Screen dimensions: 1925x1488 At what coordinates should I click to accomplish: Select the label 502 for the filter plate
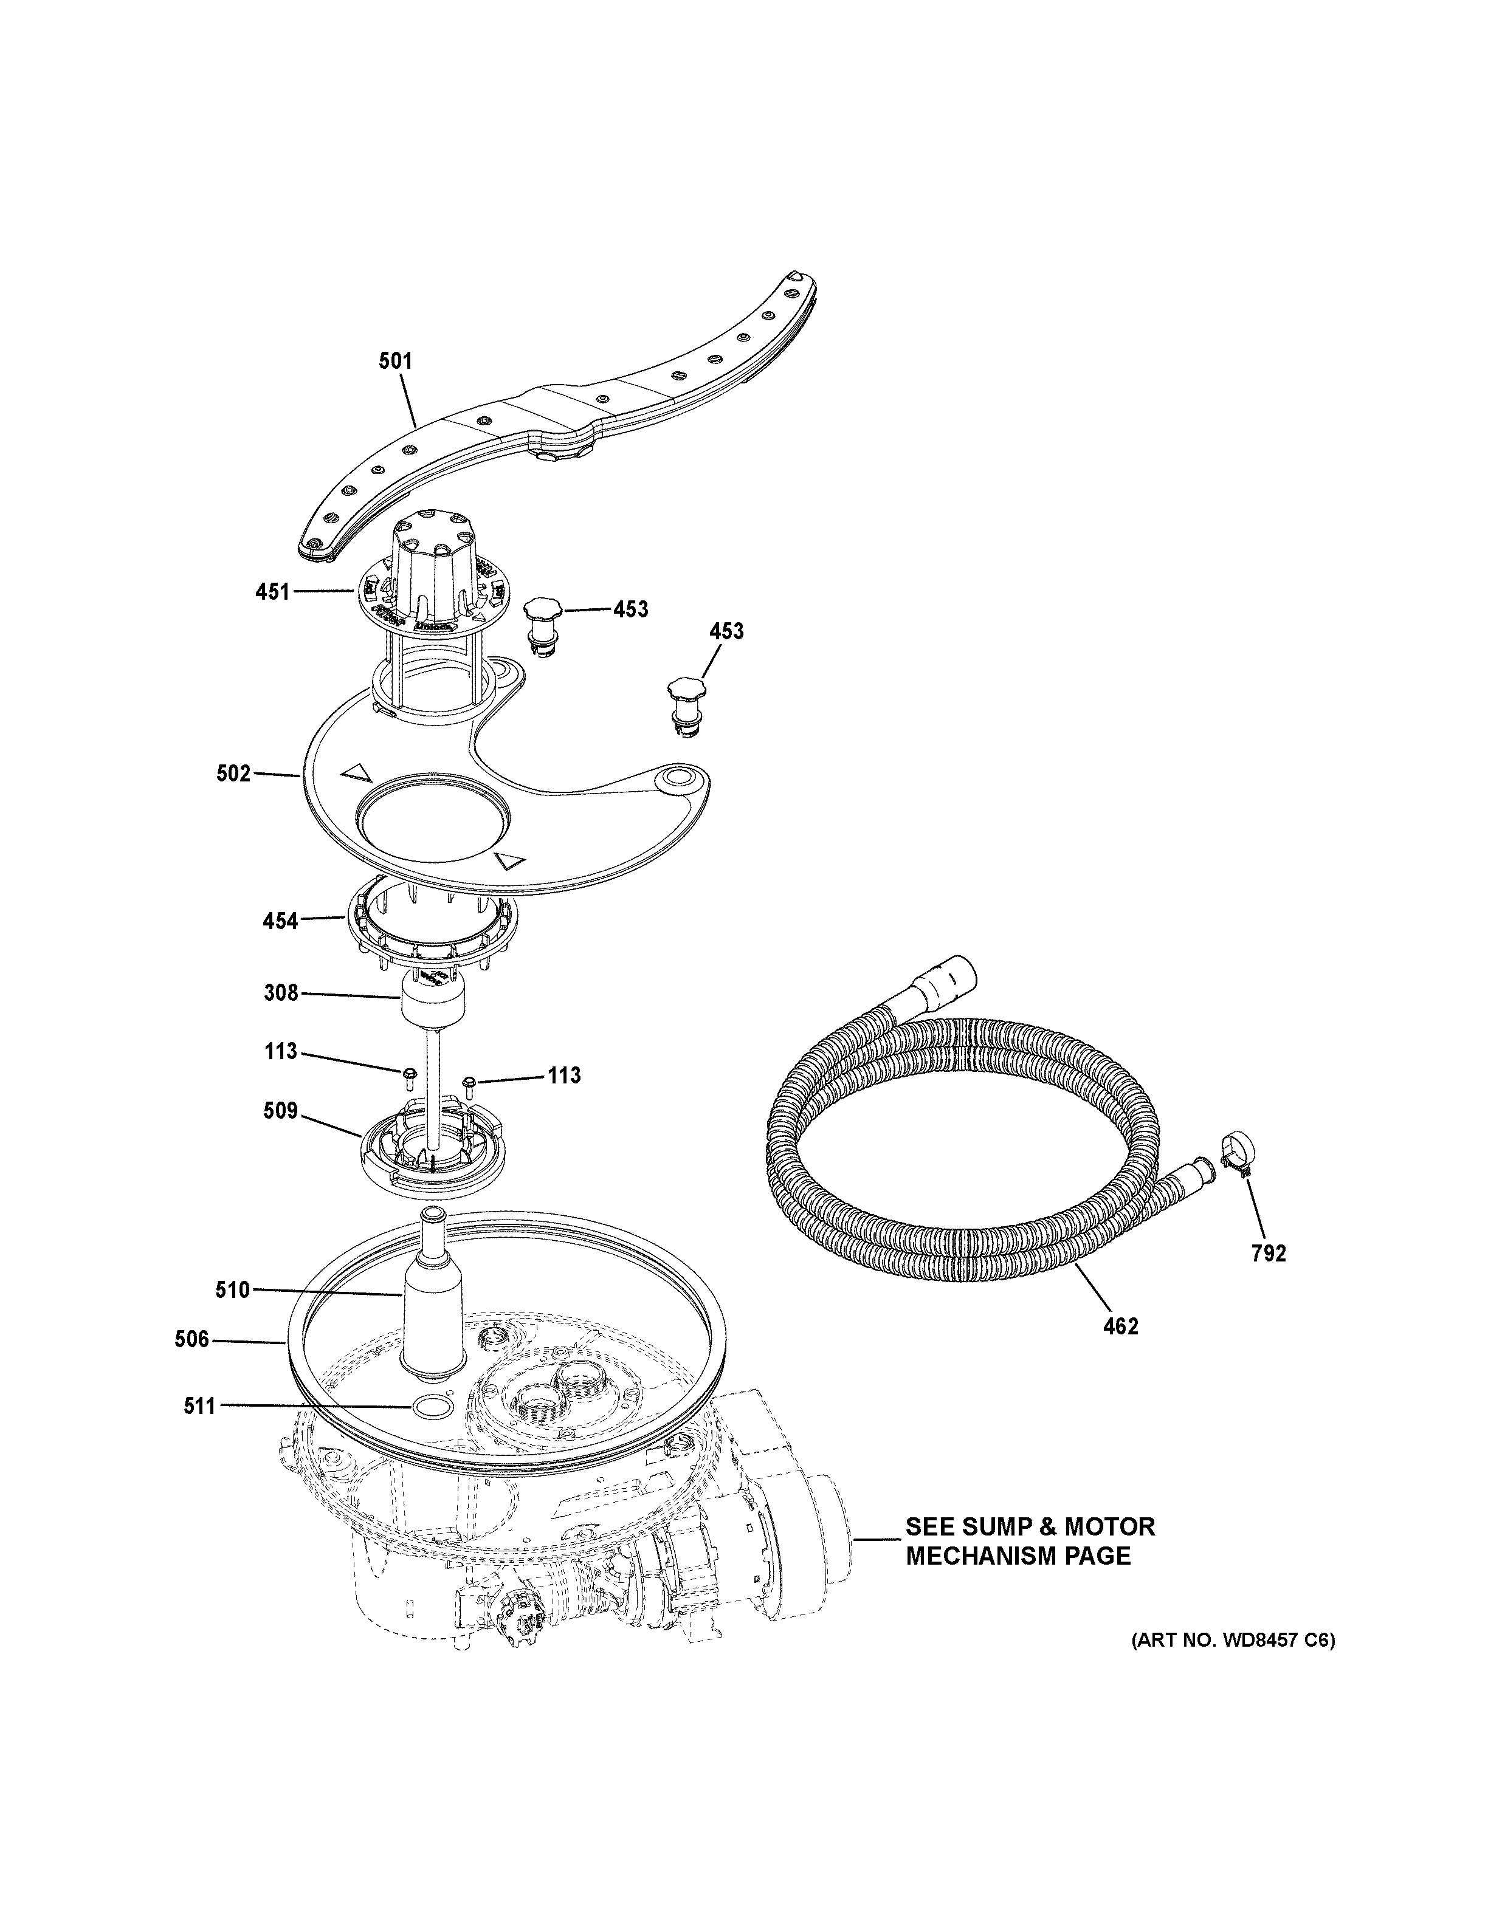click(x=233, y=774)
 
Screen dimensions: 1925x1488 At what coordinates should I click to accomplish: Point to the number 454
click(x=280, y=922)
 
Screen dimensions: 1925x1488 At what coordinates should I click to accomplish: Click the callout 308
click(x=281, y=993)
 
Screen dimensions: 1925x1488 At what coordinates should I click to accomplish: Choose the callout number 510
click(x=233, y=1291)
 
